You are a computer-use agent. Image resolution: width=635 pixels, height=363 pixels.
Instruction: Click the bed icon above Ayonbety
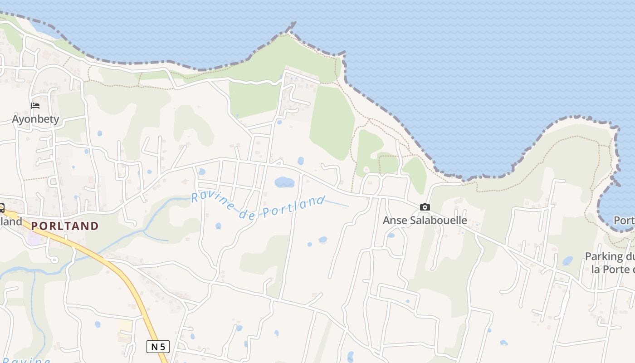point(35,106)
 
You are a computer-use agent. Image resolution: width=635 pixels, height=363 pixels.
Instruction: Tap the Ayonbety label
point(35,119)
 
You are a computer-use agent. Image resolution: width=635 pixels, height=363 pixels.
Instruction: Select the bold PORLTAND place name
point(64,226)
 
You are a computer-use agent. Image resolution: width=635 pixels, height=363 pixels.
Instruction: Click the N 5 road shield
point(158,347)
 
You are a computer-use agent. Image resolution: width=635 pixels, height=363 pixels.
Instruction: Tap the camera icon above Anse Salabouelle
point(425,207)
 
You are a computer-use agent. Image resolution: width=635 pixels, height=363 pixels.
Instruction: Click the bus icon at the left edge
point(1,208)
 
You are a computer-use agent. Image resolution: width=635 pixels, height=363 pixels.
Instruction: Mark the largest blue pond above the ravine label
point(284,182)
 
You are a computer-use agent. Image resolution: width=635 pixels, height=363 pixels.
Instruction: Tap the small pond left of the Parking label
point(567,260)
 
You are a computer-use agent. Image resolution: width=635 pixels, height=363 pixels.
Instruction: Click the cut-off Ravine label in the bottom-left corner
point(27,360)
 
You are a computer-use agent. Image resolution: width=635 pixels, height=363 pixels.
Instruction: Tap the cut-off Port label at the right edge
point(624,220)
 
